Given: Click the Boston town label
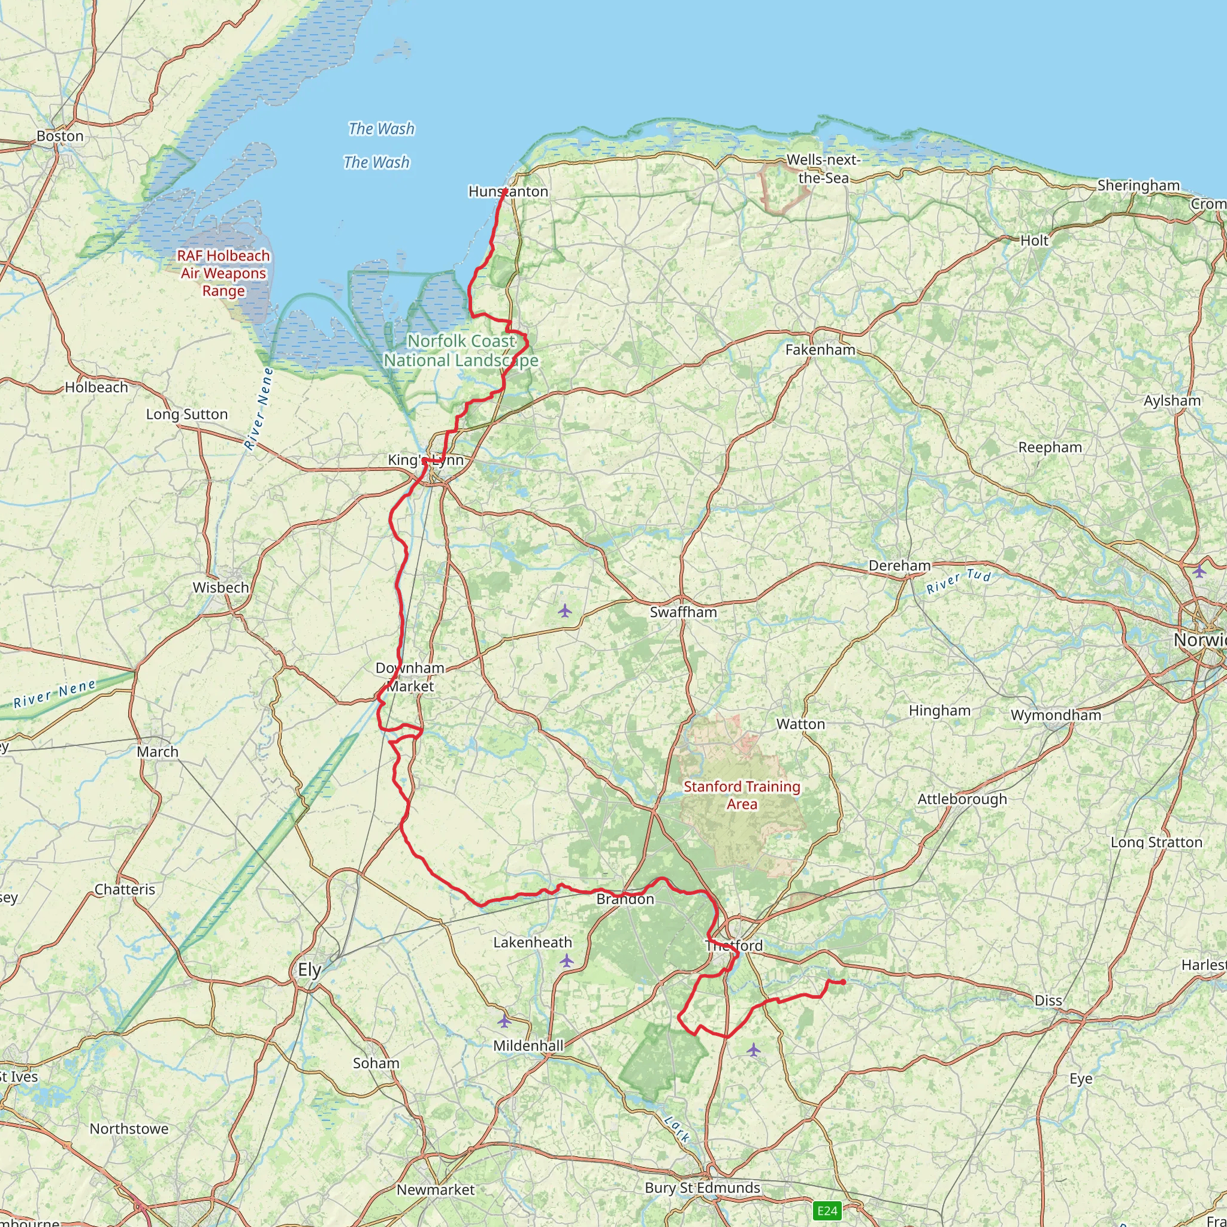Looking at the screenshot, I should tap(60, 136).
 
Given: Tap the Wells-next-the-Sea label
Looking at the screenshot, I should tap(823, 169).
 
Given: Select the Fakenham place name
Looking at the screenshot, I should tap(820, 349).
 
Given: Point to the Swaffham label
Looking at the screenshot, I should tap(683, 612).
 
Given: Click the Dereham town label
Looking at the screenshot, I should tap(899, 565).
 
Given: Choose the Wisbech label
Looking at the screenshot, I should tap(220, 588).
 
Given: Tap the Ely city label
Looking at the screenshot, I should tap(309, 969).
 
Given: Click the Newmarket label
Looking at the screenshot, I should tap(435, 1189).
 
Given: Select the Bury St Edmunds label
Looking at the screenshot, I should tap(702, 1187).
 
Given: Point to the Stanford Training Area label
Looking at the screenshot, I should tap(741, 795).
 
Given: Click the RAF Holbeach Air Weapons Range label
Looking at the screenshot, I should tap(223, 273).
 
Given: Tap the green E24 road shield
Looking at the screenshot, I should tap(827, 1210).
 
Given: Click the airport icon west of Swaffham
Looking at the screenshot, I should tap(564, 612).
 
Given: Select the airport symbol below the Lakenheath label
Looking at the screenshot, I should tap(567, 961).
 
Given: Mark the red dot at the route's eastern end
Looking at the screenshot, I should tap(843, 983).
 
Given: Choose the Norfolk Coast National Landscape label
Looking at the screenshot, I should tap(461, 350).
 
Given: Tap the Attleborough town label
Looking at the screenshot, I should tap(962, 799).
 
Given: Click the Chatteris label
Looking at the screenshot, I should tap(125, 889).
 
